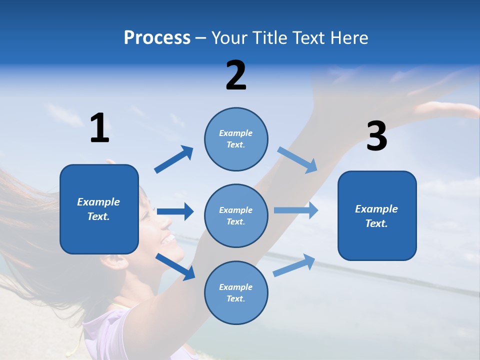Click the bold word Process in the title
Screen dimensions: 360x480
click(x=157, y=37)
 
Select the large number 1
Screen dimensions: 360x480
click(x=99, y=128)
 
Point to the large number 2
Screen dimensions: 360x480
click(x=236, y=75)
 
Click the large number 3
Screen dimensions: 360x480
click(x=376, y=136)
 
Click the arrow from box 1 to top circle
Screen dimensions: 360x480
click(x=173, y=159)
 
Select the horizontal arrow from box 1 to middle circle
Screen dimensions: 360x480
click(x=175, y=211)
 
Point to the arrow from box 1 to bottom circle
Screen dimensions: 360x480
click(x=175, y=266)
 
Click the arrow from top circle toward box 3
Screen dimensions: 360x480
click(x=297, y=160)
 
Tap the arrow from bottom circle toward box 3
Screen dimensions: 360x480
click(x=294, y=265)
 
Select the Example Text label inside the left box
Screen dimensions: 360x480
click(x=98, y=209)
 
